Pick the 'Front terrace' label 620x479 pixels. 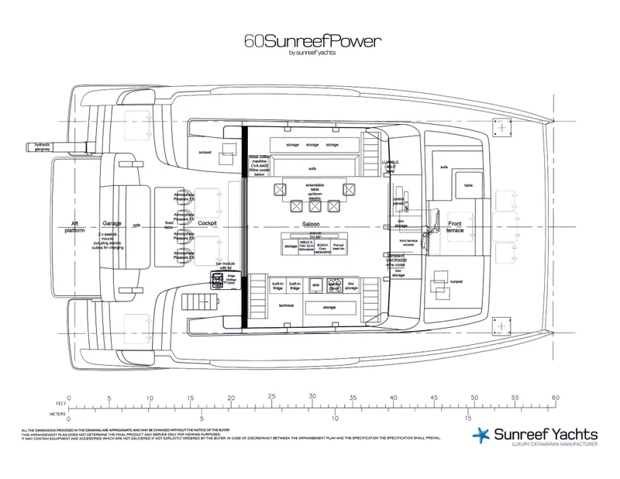[455, 225]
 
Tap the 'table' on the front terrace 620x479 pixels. [468, 186]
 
